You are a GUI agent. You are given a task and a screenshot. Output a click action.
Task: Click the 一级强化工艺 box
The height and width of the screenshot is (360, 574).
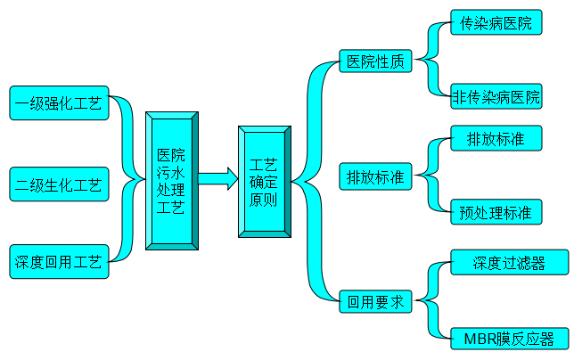(x=59, y=102)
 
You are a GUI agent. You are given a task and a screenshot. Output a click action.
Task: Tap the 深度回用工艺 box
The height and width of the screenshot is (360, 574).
(x=59, y=262)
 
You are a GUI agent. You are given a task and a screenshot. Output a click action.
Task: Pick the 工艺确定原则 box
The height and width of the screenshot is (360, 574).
(x=263, y=182)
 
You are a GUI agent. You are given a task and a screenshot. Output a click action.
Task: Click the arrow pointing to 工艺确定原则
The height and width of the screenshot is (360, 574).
(x=217, y=180)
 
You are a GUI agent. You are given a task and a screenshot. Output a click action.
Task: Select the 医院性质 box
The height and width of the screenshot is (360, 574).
(x=376, y=61)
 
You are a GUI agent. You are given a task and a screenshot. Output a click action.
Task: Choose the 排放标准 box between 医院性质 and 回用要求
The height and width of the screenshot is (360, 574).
(x=375, y=176)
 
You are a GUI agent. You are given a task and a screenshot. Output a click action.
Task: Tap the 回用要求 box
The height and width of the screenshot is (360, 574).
(x=376, y=301)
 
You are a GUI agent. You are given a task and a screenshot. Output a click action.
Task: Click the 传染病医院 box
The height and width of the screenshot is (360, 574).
(x=496, y=23)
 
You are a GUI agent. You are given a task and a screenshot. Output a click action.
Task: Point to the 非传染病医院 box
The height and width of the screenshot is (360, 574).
(x=496, y=95)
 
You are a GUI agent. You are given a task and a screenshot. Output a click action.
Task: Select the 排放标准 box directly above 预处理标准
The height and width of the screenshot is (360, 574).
(x=495, y=139)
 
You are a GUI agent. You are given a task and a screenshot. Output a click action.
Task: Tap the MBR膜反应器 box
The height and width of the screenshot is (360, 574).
(x=509, y=338)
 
